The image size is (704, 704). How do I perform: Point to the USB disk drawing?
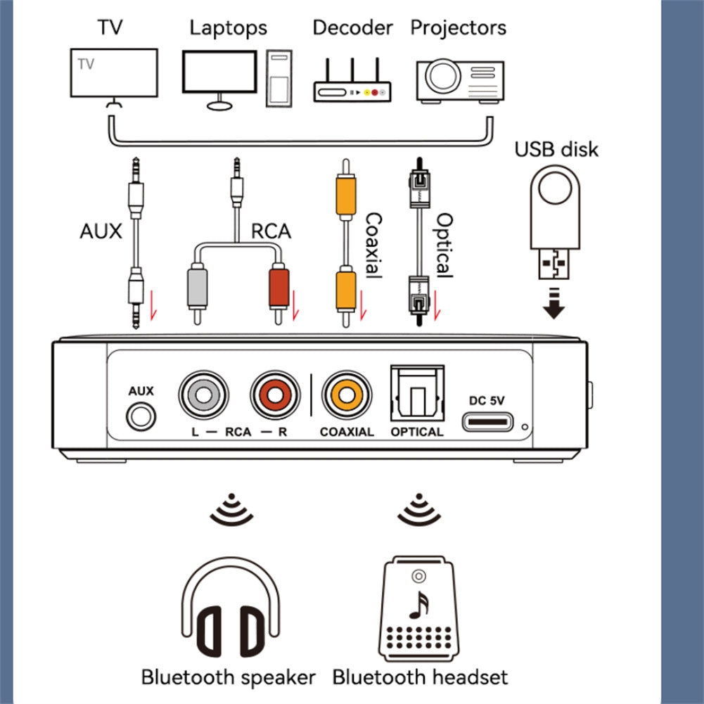point(555,218)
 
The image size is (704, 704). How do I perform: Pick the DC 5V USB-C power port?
point(487,422)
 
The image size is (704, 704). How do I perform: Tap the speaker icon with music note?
point(419,607)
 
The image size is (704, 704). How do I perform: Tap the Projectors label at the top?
point(458,27)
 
